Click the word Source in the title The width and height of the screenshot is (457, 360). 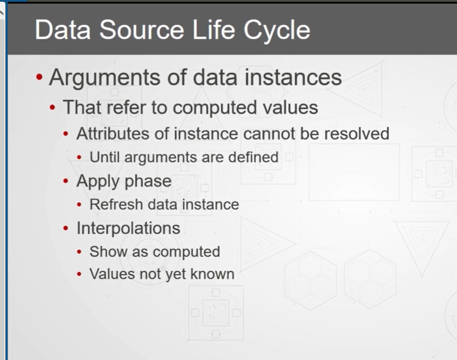click(x=142, y=30)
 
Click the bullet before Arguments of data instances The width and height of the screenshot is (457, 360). click(x=39, y=77)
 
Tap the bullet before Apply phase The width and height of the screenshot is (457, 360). click(x=66, y=181)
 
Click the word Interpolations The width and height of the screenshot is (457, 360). click(x=128, y=228)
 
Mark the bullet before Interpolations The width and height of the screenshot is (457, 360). click(x=66, y=228)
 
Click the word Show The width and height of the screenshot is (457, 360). click(x=109, y=252)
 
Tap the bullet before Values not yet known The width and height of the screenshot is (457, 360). click(x=79, y=274)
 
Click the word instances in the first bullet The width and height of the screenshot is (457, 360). click(x=293, y=77)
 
